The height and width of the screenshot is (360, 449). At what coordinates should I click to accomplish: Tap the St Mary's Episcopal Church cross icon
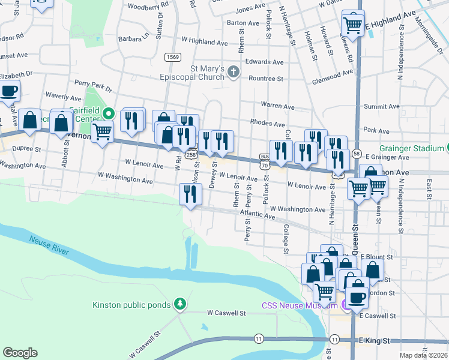[x=234, y=73]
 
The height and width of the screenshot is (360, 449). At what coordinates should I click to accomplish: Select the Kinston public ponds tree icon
[x=179, y=304]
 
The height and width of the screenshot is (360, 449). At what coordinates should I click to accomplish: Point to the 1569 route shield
[x=173, y=57]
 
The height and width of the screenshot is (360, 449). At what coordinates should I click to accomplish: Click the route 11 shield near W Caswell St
[x=258, y=339]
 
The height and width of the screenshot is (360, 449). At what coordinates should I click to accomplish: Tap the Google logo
[x=20, y=353]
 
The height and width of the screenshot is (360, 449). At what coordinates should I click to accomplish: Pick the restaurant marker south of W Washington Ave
[x=191, y=194]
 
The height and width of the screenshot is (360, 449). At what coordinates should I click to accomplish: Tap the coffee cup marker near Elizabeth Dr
[x=8, y=92]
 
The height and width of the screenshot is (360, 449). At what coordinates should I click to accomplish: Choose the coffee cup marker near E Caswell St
[x=357, y=297]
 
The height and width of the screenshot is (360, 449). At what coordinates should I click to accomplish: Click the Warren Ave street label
[x=277, y=106]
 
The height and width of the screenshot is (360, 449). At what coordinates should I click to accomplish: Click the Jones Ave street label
[x=250, y=10]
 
